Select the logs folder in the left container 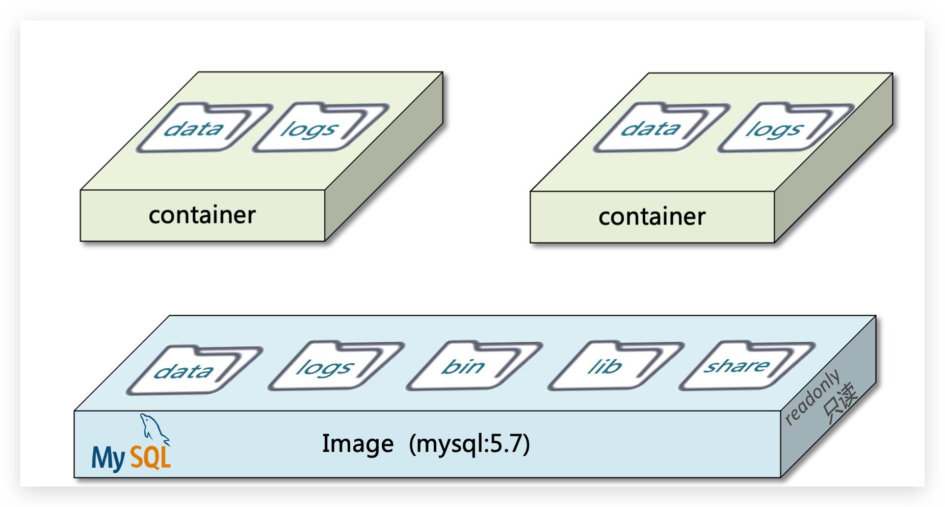tap(316, 129)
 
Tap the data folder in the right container tap(657, 129)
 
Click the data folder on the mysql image tap(190, 371)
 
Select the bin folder tap(469, 366)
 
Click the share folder tap(742, 366)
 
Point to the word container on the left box tap(202, 215)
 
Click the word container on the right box tap(652, 217)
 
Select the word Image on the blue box tap(358, 444)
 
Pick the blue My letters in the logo tap(108, 458)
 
